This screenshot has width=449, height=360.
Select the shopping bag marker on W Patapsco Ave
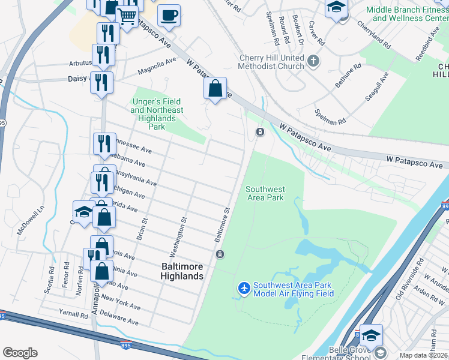click(215, 89)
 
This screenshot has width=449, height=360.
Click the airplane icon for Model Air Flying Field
click(244, 289)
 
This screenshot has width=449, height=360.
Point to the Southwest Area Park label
click(265, 193)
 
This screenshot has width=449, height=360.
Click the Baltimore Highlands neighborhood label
click(182, 271)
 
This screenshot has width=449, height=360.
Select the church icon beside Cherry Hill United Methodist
click(313, 61)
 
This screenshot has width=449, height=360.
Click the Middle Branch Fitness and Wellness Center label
click(407, 14)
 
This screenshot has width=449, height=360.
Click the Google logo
click(20, 353)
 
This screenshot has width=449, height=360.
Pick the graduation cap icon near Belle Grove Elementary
click(371, 335)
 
